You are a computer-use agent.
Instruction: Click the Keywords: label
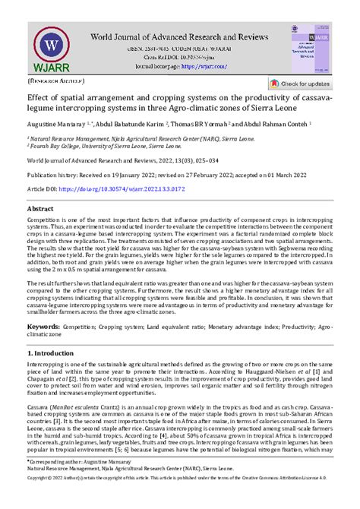point(45,327)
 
